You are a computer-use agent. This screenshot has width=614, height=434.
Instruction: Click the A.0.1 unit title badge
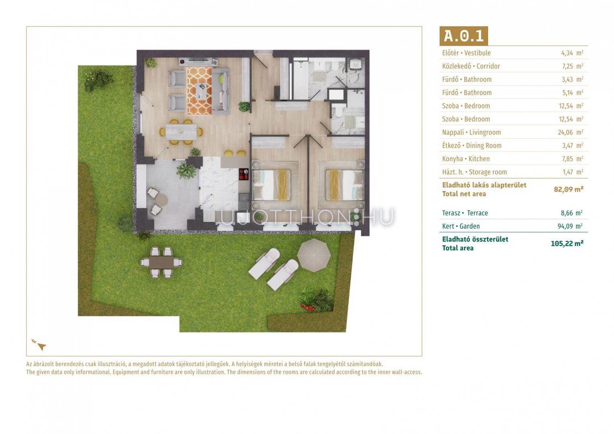tap(464, 36)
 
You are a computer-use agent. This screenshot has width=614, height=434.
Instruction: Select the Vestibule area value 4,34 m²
tap(572, 53)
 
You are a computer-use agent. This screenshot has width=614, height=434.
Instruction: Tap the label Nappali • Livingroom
tap(471, 132)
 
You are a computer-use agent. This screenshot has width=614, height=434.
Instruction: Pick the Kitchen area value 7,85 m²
tap(572, 159)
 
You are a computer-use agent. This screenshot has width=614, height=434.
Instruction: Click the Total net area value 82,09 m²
tap(569, 189)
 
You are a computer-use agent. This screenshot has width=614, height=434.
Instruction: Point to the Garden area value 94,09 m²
tap(571, 226)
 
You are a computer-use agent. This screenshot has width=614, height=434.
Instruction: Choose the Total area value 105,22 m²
tap(567, 243)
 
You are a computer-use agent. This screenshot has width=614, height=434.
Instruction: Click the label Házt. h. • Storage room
tap(474, 172)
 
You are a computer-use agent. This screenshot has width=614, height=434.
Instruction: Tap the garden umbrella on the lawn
tap(314, 255)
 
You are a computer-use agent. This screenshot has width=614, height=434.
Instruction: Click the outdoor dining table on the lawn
tap(162, 262)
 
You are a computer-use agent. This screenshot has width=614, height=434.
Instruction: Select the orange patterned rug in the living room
tap(199, 91)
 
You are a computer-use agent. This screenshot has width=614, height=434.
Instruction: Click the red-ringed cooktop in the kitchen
tap(243, 174)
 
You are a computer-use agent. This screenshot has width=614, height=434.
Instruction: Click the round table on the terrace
tap(161, 200)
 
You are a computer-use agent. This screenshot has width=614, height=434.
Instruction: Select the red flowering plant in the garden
tap(308, 307)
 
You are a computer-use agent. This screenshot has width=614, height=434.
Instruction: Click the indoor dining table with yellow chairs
tap(181, 132)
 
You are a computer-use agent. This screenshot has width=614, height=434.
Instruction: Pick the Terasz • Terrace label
tap(465, 213)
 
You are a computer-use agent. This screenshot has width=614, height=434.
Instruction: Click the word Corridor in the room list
tap(488, 66)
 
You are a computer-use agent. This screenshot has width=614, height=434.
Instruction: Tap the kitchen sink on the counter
tap(244, 197)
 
